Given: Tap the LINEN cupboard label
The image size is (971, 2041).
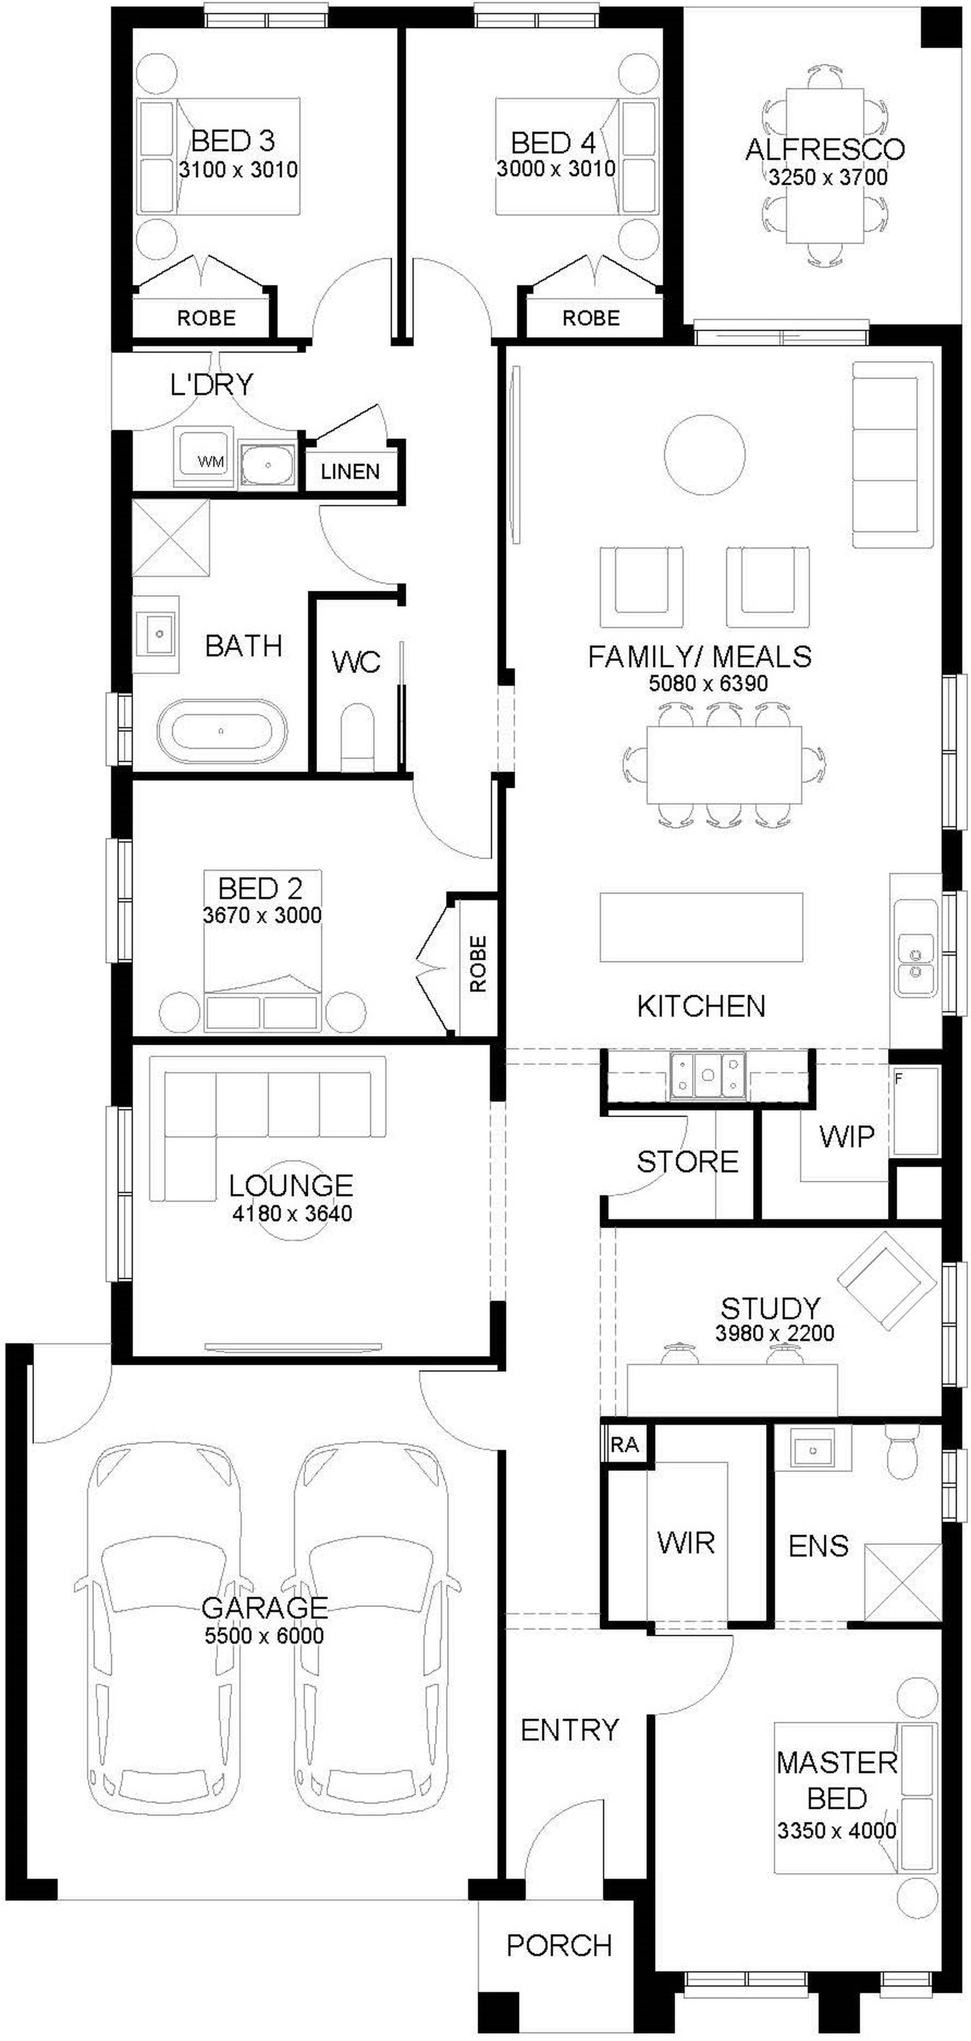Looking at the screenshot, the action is (351, 471).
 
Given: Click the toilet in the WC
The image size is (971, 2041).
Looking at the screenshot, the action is (357, 737).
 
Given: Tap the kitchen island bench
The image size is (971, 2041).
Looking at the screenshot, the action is (701, 927).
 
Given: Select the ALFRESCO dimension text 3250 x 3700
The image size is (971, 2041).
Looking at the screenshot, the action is (827, 177).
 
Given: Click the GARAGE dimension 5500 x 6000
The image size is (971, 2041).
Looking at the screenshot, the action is (264, 1635).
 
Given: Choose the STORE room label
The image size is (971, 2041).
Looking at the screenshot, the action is (687, 1161).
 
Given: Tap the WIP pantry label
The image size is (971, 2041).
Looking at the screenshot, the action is (847, 1136).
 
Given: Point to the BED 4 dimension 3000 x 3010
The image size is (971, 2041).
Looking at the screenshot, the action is (555, 169).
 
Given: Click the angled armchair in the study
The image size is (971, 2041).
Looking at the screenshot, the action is (886, 1283).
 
